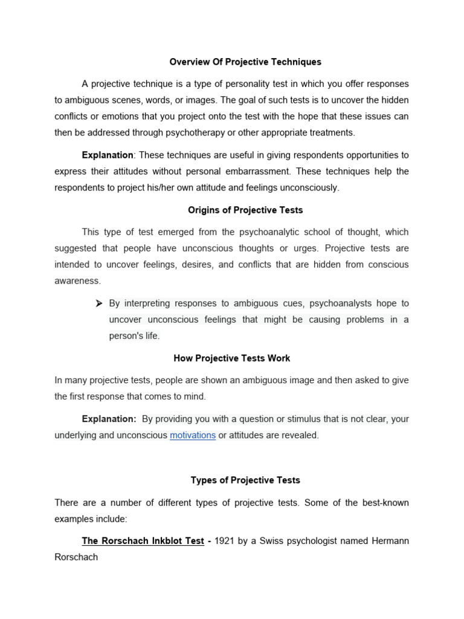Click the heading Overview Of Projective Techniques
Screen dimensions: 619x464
[x=245, y=62]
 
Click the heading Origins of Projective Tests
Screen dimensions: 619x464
[x=245, y=210]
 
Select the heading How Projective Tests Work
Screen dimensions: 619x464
[x=232, y=358]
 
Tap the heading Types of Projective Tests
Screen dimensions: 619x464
[x=245, y=480]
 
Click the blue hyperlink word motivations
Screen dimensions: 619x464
[x=193, y=435]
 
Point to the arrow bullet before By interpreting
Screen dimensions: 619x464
[x=100, y=303]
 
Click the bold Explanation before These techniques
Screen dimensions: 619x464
[x=108, y=155]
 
